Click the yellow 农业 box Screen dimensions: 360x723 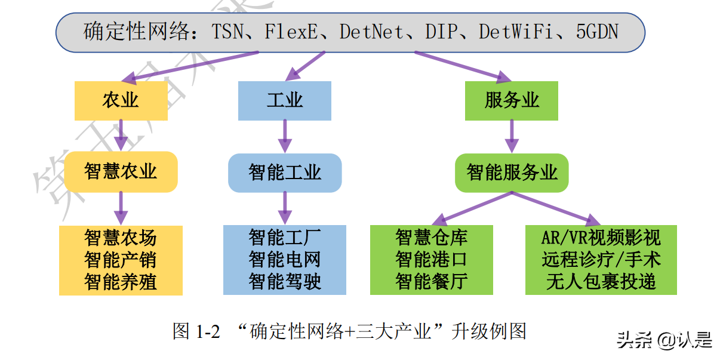click(x=121, y=100)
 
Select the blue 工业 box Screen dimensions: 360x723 click(x=284, y=100)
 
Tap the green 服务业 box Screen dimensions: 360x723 click(x=512, y=100)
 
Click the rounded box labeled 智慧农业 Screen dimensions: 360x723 click(x=121, y=172)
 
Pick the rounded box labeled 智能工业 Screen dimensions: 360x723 click(x=285, y=173)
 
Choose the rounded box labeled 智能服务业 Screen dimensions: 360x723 click(x=512, y=173)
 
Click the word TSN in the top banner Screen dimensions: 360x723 click(x=229, y=32)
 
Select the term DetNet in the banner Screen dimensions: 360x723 click(x=371, y=32)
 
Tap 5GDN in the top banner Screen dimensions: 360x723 click(x=597, y=32)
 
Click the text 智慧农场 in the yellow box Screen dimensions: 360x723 click(x=121, y=238)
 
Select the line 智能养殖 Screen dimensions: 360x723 click(x=121, y=281)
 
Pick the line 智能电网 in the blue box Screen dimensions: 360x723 click(x=285, y=260)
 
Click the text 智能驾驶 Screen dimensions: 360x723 click(x=285, y=281)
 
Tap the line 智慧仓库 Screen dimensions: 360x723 click(x=431, y=238)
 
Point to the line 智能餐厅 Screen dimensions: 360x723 click(x=431, y=281)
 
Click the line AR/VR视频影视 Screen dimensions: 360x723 click(x=601, y=238)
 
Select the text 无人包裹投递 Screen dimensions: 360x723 click(x=601, y=281)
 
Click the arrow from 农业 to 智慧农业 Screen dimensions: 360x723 click(x=121, y=135)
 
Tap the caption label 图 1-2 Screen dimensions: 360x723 click(x=196, y=331)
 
